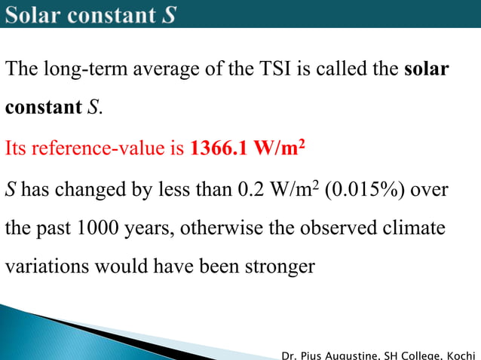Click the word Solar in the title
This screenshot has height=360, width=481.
36,14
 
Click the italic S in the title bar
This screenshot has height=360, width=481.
170,14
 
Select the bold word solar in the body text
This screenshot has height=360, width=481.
427,70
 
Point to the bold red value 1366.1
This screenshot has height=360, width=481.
219,148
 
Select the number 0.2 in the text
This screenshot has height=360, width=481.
250,188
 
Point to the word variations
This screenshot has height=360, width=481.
40,267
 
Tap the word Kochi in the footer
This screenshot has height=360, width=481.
461,354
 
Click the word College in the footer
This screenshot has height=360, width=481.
424,354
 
